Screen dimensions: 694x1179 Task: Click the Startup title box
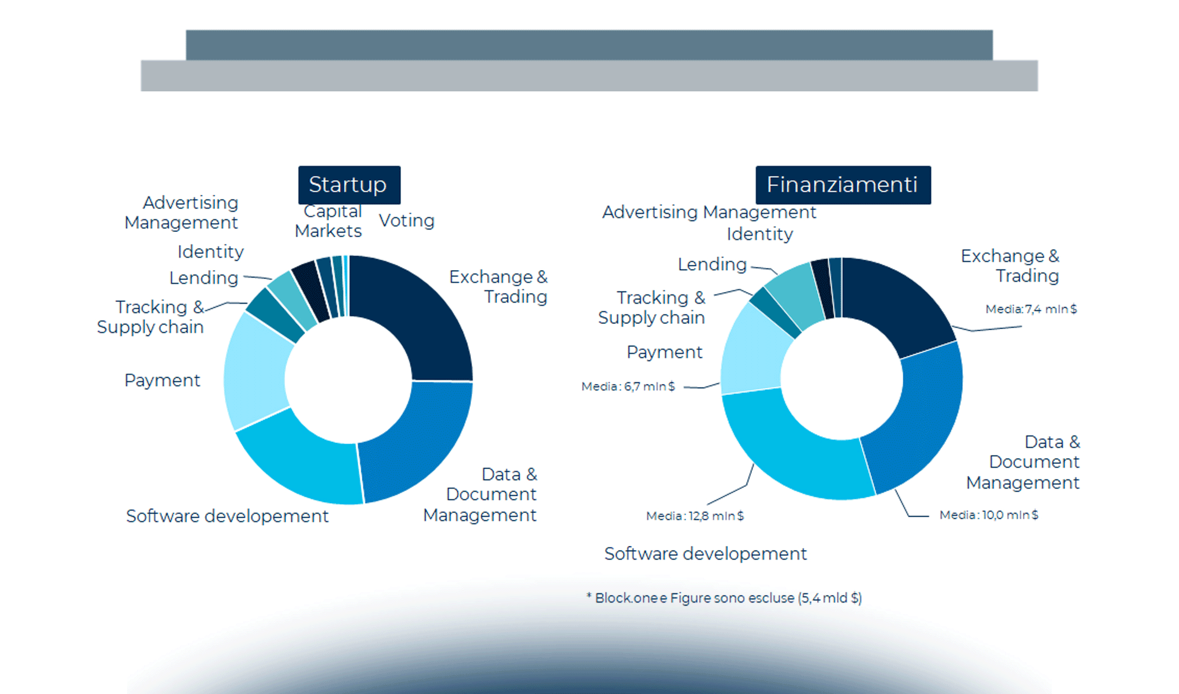click(349, 184)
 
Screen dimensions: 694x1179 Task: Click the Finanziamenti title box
click(843, 184)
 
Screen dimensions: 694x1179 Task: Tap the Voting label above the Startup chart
click(406, 220)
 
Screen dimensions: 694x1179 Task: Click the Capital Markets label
click(328, 222)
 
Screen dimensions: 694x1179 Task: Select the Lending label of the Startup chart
click(203, 278)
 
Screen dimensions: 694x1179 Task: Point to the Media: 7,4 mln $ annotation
click(1031, 309)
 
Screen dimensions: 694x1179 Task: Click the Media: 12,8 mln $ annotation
click(695, 515)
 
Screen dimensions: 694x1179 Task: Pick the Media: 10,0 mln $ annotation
click(988, 515)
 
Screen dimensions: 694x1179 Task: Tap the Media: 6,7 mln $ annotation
click(628, 386)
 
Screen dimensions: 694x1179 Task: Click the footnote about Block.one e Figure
click(724, 598)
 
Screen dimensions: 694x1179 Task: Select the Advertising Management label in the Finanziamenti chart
click(709, 212)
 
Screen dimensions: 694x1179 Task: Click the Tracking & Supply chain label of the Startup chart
click(151, 317)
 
